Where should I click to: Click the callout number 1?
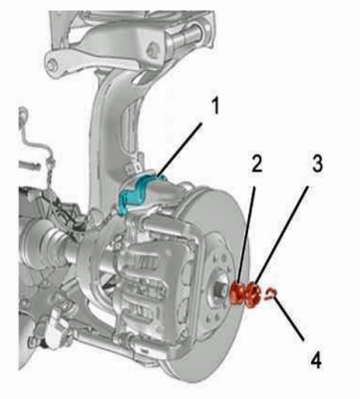215,107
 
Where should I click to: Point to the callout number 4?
315,360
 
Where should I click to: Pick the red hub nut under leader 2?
238,292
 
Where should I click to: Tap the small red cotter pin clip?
270,294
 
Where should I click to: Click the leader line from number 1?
180,149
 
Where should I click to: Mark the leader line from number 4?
288,317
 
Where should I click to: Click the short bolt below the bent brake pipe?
29,165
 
